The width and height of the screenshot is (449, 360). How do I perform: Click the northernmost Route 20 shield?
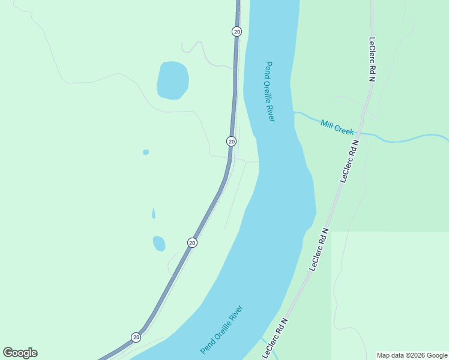coord(237,32)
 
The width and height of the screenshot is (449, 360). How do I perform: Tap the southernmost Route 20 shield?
coord(136,337)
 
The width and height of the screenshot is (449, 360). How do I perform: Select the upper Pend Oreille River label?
coord(270,92)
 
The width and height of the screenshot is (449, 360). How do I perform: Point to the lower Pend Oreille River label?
coord(222,329)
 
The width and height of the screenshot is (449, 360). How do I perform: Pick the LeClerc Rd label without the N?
coord(373,61)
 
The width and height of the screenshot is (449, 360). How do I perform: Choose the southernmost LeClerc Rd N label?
coord(276,339)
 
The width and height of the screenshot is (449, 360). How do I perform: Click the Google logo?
coord(20,353)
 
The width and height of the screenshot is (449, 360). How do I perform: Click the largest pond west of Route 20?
coord(173,80)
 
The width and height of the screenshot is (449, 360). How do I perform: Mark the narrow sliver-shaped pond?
coord(154,214)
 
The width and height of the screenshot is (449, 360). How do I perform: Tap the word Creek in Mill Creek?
coord(345,129)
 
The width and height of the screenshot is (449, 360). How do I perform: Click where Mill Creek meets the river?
coord(294,112)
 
